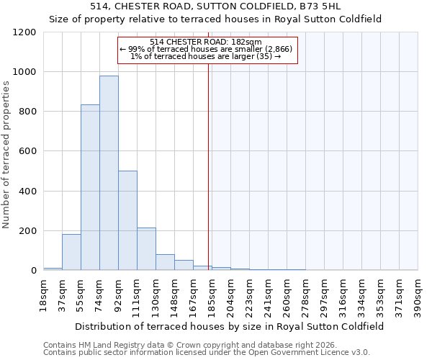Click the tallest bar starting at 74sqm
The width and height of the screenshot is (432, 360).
109,173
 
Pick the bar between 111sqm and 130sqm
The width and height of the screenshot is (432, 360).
146,249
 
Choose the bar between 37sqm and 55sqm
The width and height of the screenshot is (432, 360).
71,253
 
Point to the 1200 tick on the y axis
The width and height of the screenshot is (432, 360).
24,32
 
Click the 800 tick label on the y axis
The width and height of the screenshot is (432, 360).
27,112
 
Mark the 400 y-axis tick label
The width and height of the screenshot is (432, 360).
27,192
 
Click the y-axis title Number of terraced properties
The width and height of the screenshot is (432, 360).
6,155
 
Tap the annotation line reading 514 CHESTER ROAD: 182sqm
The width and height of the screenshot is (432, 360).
207,42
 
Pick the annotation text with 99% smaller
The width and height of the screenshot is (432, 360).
207,49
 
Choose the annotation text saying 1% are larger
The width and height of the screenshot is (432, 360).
207,56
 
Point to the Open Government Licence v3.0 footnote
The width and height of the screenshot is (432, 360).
207,352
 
